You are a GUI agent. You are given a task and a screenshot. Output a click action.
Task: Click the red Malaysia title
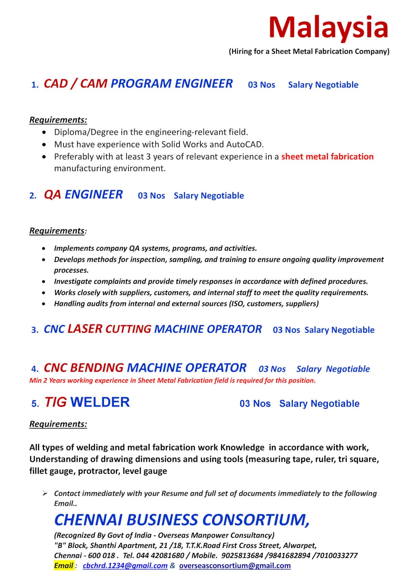[x=328, y=27]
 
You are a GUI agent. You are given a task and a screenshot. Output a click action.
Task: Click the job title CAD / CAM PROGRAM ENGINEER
[x=138, y=84]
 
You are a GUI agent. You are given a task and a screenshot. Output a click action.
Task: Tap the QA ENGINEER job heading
[x=83, y=195]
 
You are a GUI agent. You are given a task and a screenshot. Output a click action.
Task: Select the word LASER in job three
[x=85, y=329]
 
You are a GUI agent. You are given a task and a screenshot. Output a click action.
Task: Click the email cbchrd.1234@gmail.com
[x=125, y=566]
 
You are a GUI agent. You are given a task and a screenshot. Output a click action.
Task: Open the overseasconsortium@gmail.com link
[x=235, y=566]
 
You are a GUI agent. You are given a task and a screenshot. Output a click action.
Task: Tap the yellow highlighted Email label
[x=64, y=566]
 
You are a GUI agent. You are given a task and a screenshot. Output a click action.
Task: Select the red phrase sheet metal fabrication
[x=327, y=157]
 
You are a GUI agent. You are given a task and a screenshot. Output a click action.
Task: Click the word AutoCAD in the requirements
[x=245, y=144]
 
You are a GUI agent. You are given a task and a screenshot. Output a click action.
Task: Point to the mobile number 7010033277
[x=337, y=556]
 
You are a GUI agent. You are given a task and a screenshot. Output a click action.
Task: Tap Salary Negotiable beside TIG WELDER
[x=319, y=404]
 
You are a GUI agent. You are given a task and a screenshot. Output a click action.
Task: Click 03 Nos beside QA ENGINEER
[x=151, y=196]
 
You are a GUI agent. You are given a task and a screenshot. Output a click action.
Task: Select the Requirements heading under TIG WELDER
[x=58, y=424]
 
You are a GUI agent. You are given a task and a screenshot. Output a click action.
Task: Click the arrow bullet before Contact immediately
[x=44, y=493]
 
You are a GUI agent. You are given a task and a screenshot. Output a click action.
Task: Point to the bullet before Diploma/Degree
[x=44, y=132]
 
